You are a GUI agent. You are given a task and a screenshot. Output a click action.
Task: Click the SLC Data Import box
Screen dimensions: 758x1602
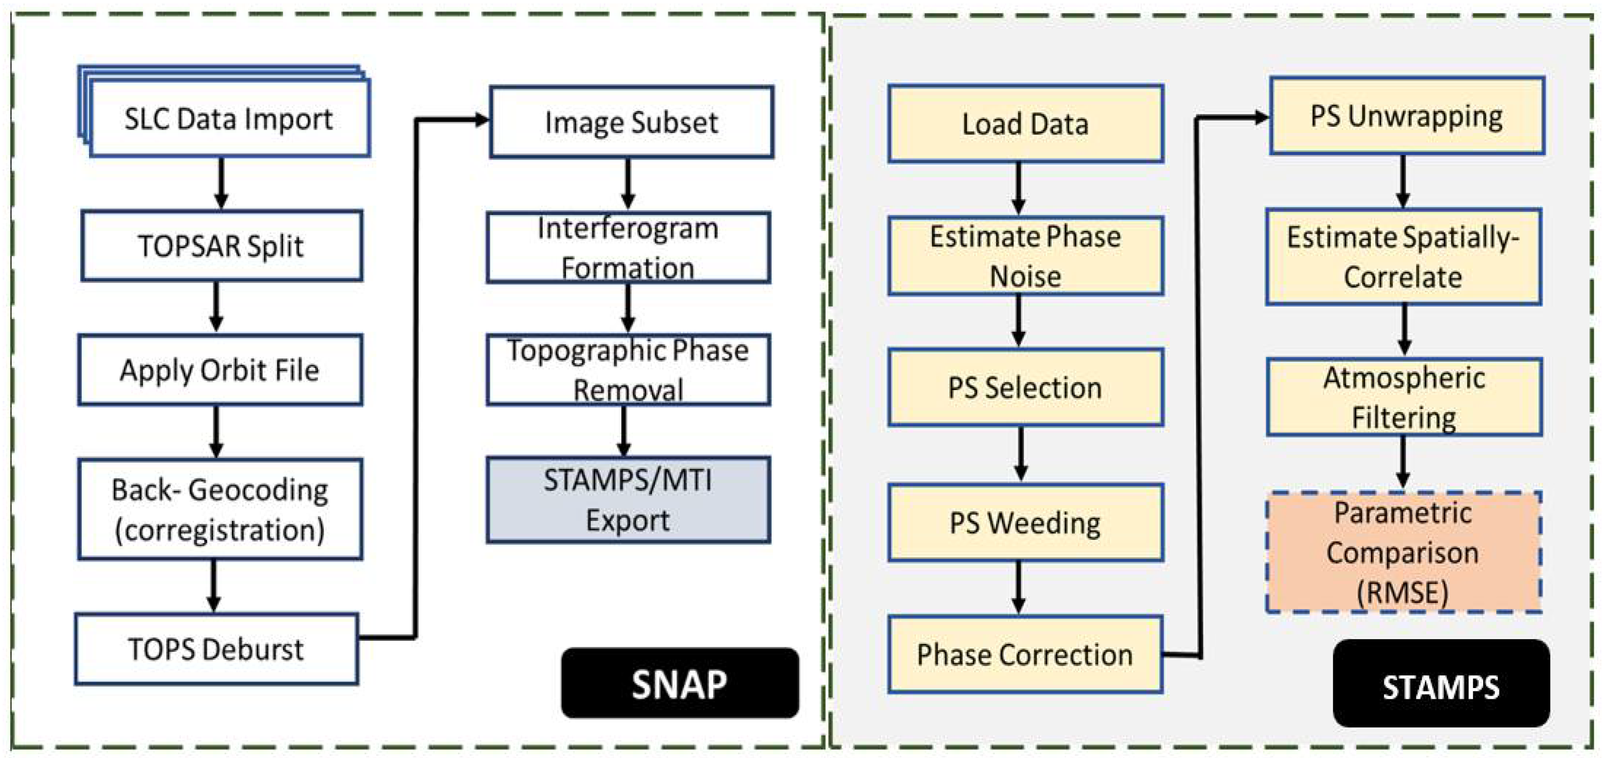[x=229, y=118]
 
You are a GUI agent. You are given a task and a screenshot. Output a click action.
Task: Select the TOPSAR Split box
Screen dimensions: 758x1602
[x=221, y=246]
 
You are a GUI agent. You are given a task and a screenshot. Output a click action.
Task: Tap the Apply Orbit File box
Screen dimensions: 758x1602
[x=220, y=370]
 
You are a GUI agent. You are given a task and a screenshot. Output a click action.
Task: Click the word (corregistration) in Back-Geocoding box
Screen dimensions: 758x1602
[x=220, y=530]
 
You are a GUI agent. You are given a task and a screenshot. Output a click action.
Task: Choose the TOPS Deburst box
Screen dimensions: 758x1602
[x=216, y=649]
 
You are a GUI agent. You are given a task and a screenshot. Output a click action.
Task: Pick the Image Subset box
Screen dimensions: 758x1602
[x=631, y=122]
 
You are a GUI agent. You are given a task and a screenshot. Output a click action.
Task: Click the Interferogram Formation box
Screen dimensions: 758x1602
[x=628, y=247]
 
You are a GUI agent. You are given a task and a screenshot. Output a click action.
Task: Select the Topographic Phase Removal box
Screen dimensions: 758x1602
[x=628, y=370]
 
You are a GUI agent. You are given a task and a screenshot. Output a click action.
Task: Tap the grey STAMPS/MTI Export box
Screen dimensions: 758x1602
[x=628, y=500]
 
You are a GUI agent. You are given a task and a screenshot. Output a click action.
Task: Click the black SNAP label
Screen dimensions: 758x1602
[x=680, y=683]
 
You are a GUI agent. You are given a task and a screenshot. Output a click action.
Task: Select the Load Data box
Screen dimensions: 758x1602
[x=1026, y=124]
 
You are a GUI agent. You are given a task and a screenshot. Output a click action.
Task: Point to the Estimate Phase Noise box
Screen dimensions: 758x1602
[x=1026, y=256]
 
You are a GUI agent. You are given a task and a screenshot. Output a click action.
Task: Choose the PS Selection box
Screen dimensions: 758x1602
[x=1026, y=387]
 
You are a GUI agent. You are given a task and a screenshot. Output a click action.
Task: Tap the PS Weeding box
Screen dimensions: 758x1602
[x=1026, y=523]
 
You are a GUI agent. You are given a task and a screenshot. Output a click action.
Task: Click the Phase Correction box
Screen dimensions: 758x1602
[x=1026, y=654]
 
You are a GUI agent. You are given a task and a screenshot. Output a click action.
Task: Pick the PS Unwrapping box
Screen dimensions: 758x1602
[x=1407, y=116]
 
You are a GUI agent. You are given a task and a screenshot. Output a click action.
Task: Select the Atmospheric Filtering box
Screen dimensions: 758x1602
[x=1404, y=397]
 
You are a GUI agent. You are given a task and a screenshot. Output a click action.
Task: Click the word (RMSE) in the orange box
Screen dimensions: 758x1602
[x=1403, y=592]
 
